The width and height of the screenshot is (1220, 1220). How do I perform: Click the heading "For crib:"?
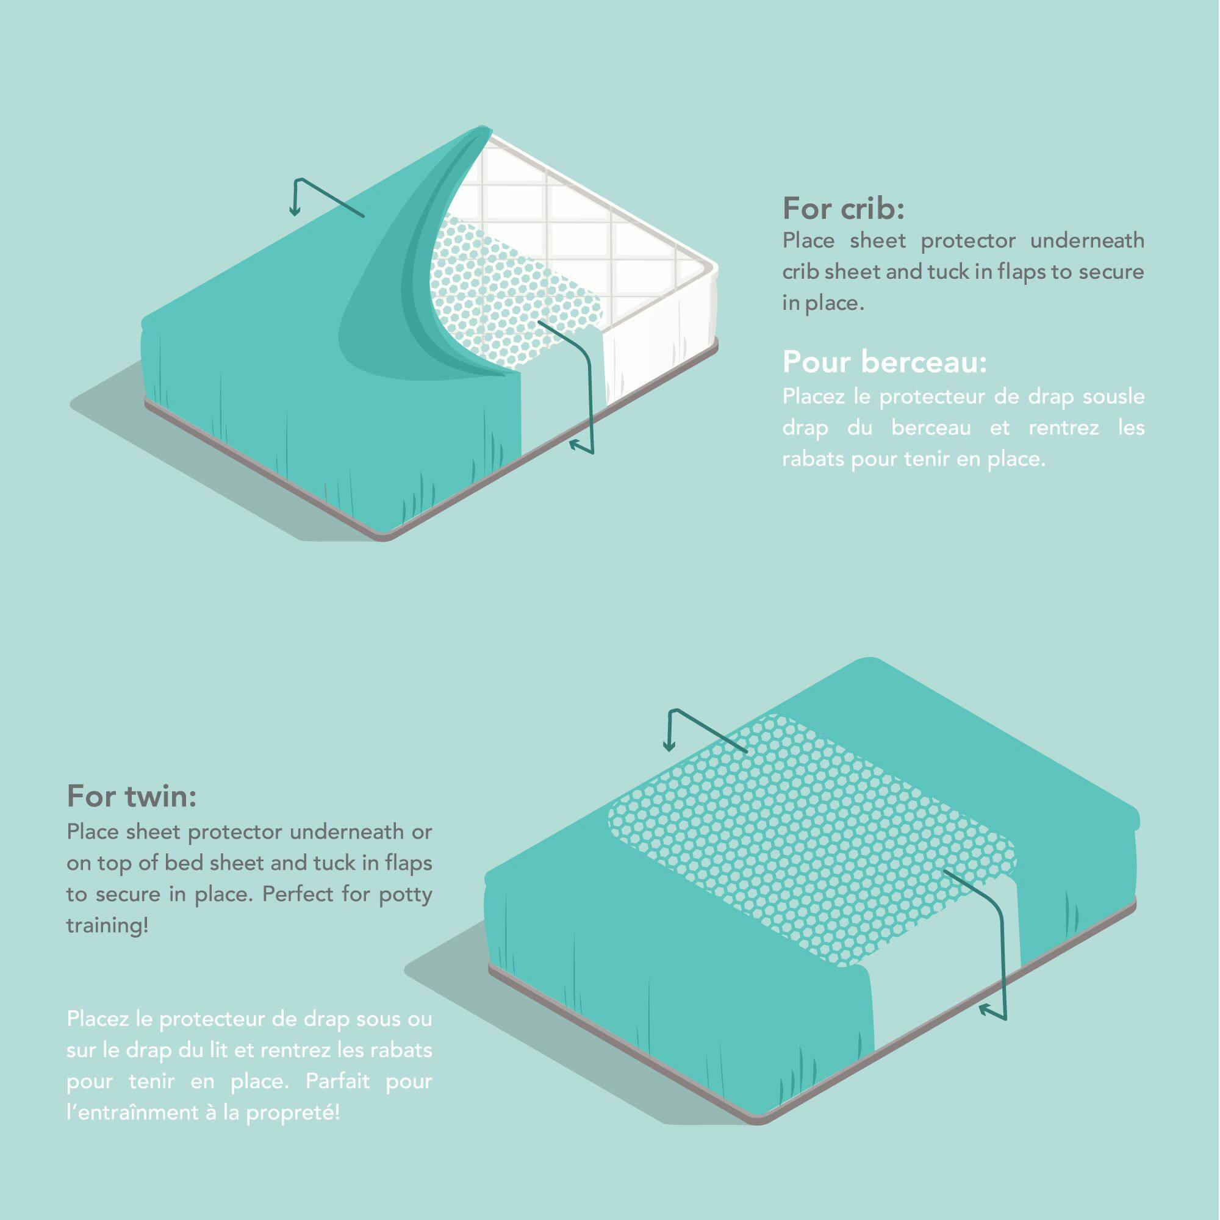843,209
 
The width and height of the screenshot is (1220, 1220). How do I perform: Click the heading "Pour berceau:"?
884,363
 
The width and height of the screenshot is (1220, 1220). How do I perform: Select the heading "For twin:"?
132,796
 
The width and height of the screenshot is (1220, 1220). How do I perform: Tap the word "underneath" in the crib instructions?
1087,240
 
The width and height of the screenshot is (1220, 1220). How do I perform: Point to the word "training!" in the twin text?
107,927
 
